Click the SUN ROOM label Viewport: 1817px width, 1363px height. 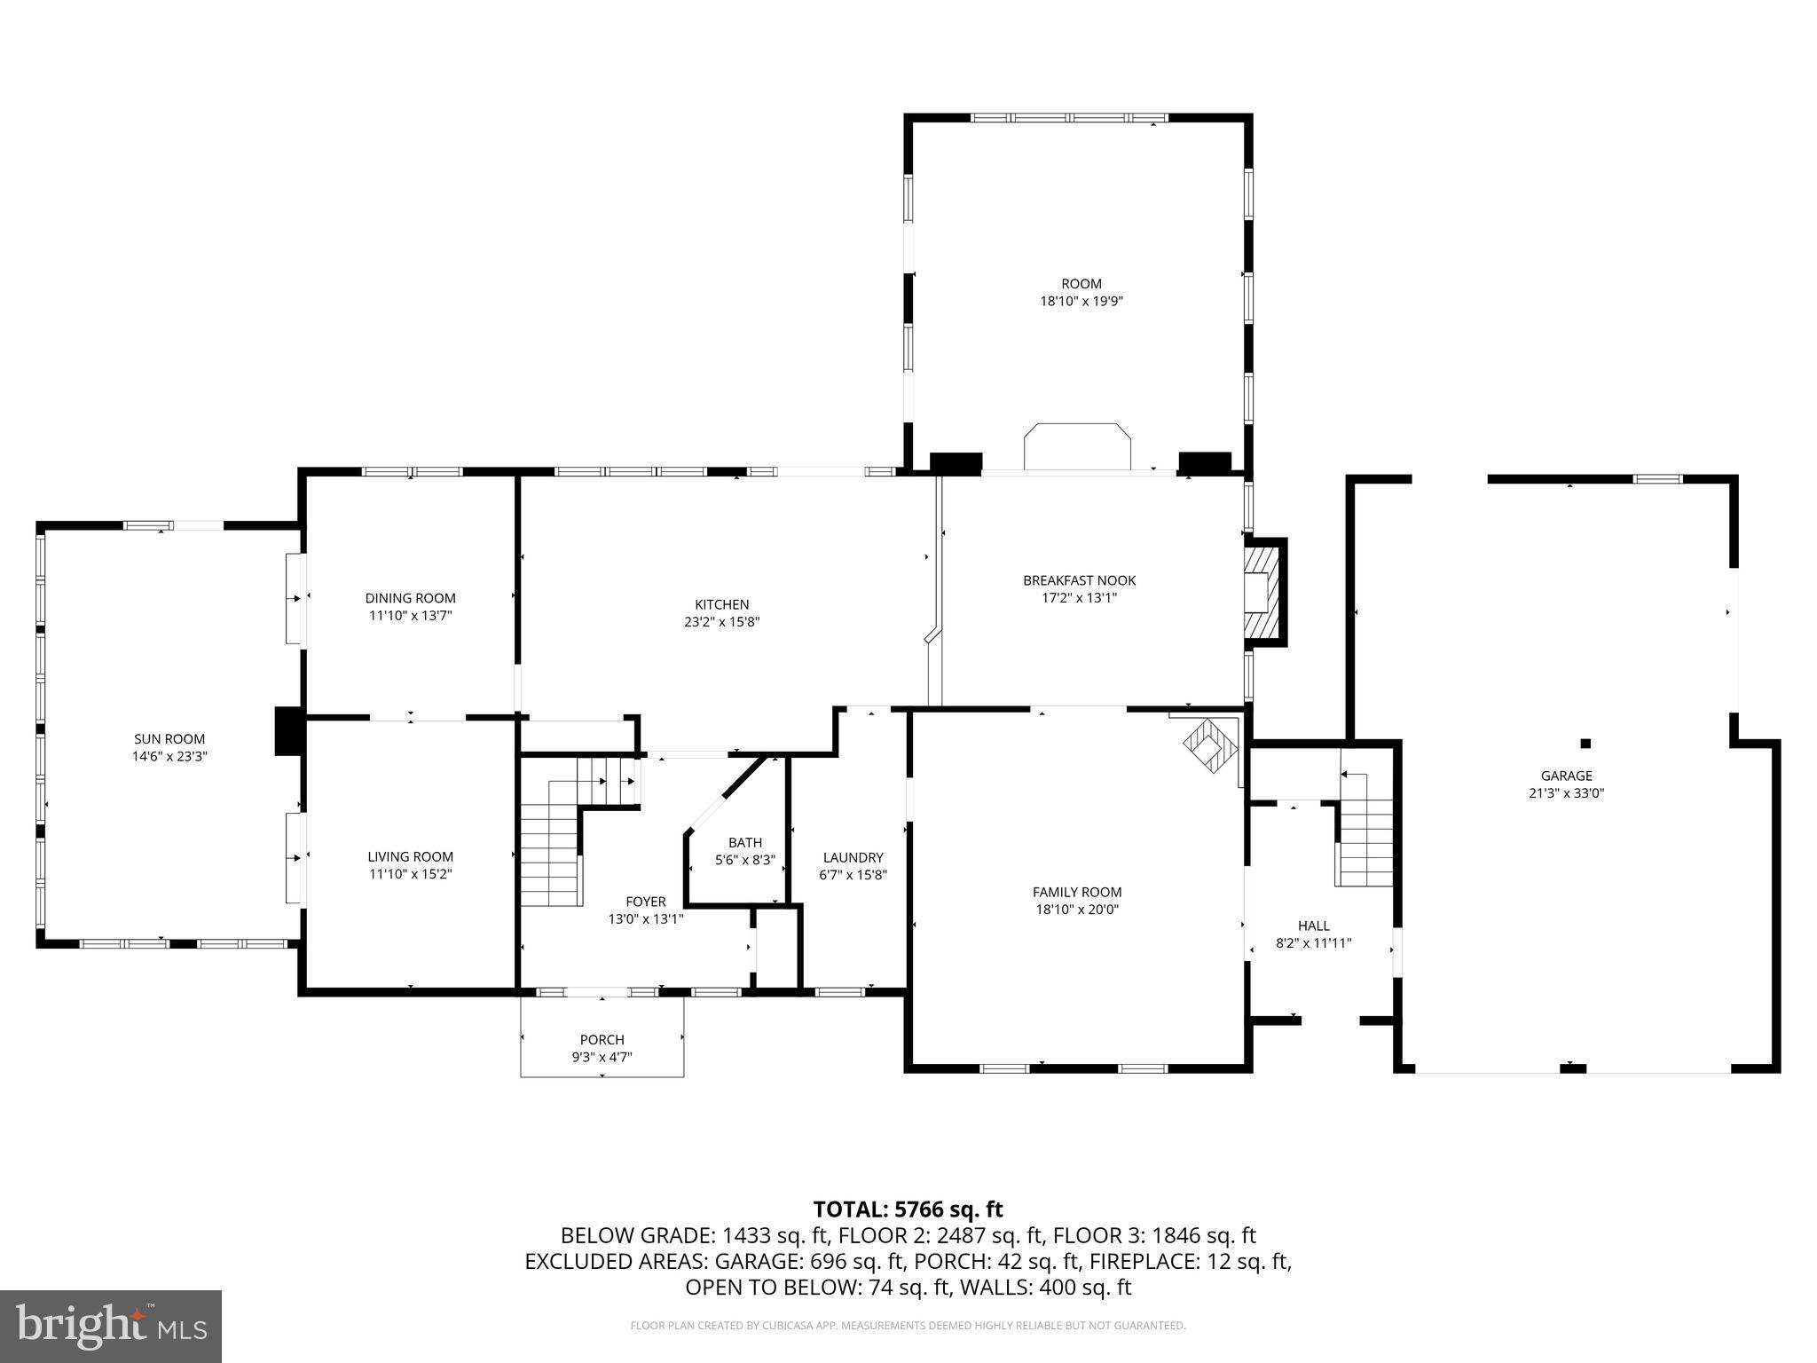[169, 739]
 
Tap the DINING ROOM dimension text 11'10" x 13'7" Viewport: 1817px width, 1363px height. [411, 616]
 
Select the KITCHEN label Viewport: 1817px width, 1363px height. [721, 605]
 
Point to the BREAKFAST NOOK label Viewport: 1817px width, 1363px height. [1079, 580]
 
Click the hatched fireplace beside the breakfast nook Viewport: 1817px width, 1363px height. [1263, 592]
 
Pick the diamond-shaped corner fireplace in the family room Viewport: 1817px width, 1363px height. [1209, 747]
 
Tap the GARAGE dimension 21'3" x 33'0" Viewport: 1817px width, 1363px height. [1566, 793]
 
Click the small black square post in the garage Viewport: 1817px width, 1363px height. [1585, 744]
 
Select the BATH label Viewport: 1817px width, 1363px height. [745, 842]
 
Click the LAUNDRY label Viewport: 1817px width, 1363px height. [853, 857]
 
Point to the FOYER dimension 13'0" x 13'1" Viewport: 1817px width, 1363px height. [645, 919]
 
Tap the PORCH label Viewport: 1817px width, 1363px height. [602, 1040]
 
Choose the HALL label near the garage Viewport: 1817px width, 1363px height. [1313, 926]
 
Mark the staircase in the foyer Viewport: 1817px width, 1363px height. [550, 852]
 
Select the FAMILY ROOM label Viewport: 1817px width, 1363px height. [1077, 892]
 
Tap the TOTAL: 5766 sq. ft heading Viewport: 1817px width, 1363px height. [908, 1209]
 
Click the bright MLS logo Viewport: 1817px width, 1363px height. [111, 1326]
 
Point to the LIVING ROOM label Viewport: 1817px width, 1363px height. [411, 856]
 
